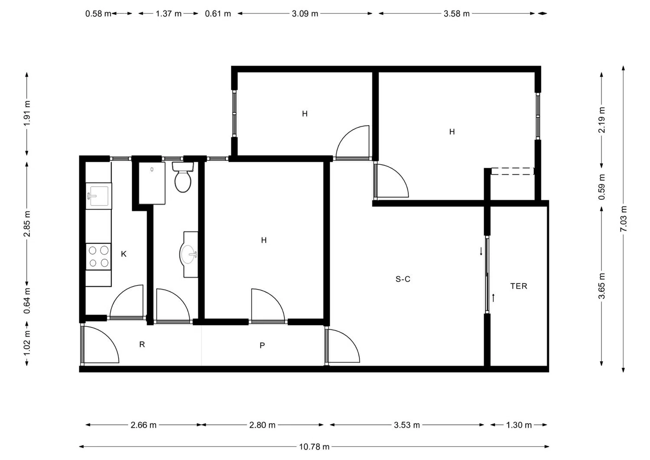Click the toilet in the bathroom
(183, 177)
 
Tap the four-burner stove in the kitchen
(98, 256)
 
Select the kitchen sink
(99, 196)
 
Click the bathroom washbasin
(189, 254)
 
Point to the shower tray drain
(152, 170)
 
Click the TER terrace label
(519, 286)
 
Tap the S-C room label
(403, 279)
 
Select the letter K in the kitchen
(123, 254)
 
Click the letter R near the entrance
(142, 344)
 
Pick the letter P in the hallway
(262, 345)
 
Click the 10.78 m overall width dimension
(314, 447)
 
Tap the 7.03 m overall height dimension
(623, 219)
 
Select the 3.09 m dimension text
(305, 13)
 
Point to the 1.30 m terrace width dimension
(519, 425)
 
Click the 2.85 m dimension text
(27, 224)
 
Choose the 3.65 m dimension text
(601, 286)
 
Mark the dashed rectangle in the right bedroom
(513, 171)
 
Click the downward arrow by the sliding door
(481, 251)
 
